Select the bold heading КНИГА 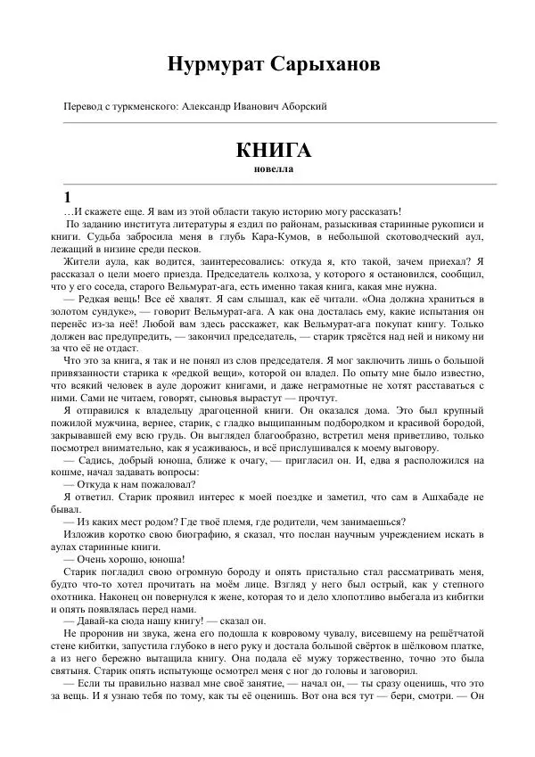click(274, 150)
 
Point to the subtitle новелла click(274, 168)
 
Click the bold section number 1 click(58, 197)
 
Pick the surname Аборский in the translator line click(305, 107)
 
